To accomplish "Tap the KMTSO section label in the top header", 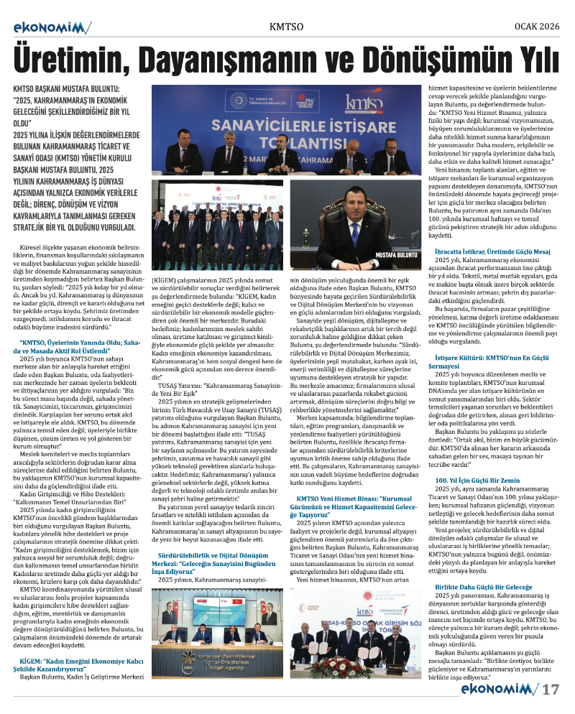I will tap(286, 27).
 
